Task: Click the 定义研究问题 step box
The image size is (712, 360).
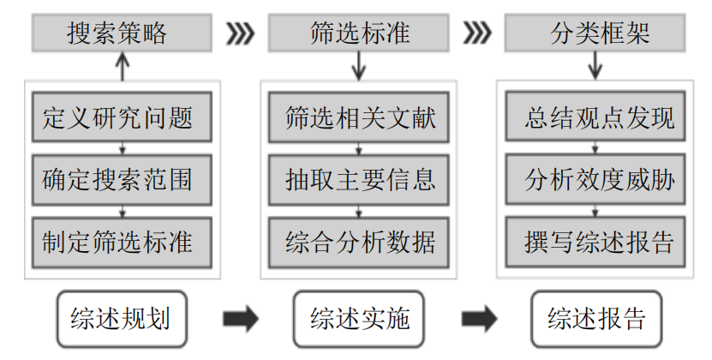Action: point(123,118)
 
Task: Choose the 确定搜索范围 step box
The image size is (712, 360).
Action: point(123,180)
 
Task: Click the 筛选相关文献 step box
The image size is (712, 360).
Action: point(359,118)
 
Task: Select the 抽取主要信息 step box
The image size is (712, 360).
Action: point(359,180)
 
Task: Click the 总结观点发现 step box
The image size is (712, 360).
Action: point(597,118)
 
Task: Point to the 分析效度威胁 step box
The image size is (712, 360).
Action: point(597,180)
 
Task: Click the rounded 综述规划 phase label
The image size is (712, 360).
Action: point(121,319)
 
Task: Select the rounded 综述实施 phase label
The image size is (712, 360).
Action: point(359,319)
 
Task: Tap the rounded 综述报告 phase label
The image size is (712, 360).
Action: point(597,319)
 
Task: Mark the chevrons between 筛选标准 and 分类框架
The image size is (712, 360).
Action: point(477,34)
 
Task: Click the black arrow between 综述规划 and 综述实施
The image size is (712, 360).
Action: point(241,319)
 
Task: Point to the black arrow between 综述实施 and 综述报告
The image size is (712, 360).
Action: point(478,319)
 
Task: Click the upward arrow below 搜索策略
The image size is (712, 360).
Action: point(122,65)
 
